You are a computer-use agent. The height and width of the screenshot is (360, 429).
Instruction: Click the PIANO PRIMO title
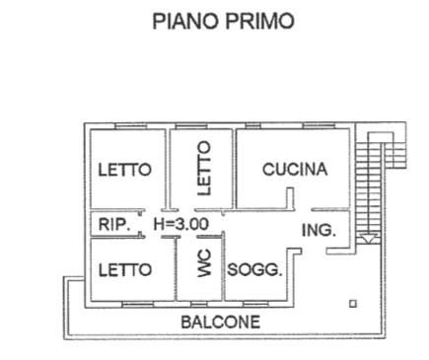click(x=223, y=21)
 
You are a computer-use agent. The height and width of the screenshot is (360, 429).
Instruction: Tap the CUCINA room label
click(x=295, y=170)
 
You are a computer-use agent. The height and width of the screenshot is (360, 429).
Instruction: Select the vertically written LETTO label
click(x=204, y=168)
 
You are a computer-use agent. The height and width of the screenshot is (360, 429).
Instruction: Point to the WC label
click(x=204, y=263)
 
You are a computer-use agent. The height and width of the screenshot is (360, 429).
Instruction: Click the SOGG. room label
click(x=254, y=270)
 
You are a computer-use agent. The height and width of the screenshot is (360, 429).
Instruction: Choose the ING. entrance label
click(x=319, y=230)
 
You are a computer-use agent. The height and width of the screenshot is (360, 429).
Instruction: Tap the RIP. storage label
click(x=114, y=224)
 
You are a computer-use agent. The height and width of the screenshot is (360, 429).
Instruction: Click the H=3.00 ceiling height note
click(x=181, y=224)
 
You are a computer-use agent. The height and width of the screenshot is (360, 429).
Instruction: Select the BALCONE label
click(x=221, y=322)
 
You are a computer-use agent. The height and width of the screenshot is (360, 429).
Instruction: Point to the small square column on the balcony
click(x=353, y=304)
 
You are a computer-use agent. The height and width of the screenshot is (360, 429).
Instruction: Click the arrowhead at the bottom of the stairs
click(x=368, y=239)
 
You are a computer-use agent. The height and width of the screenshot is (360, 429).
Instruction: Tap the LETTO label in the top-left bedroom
click(x=125, y=170)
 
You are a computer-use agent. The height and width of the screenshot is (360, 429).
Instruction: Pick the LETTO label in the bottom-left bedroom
click(x=125, y=270)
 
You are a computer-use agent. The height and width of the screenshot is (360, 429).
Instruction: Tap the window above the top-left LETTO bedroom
click(x=130, y=126)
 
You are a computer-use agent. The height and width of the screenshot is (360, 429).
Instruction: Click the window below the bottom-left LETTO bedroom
click(x=138, y=304)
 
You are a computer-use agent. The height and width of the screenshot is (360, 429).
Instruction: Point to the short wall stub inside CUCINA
click(x=290, y=198)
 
